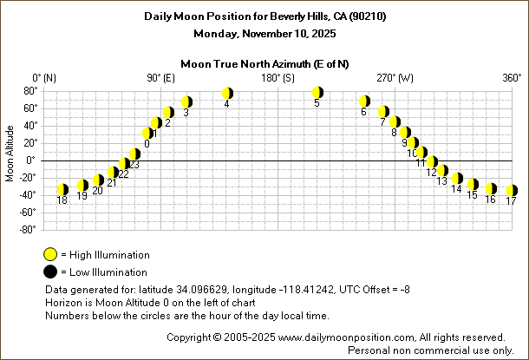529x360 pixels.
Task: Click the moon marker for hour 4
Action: pyautogui.click(x=227, y=93)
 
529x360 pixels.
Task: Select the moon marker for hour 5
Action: pyautogui.click(x=317, y=92)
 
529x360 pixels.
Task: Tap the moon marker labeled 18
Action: pyautogui.click(x=62, y=189)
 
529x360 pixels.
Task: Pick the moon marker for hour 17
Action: pyautogui.click(x=512, y=190)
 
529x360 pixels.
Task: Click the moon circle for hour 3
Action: pyautogui.click(x=186, y=101)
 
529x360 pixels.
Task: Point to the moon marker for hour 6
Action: pyautogui.click(x=365, y=101)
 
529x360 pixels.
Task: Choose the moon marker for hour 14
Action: pyautogui.click(x=457, y=179)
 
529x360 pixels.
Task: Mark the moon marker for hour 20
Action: pyautogui.click(x=98, y=180)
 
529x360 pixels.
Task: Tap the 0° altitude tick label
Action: pyautogui.click(x=29, y=160)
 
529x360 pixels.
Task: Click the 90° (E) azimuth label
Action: pyautogui.click(x=162, y=78)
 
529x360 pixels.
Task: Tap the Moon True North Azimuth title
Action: pyautogui.click(x=264, y=63)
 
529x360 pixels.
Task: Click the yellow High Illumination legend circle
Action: pyautogui.click(x=51, y=254)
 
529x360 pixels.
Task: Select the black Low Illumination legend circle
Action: pyautogui.click(x=51, y=272)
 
